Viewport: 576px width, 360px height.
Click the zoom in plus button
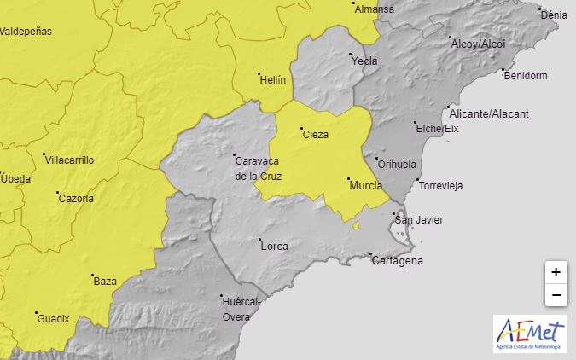pos(556,272)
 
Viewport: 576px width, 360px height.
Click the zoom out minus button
pos(556,295)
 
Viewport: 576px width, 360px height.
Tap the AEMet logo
pos(529,334)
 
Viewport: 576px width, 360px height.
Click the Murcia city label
pos(365,185)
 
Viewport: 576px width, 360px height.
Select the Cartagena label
pos(397,261)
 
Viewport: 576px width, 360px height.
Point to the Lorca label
pos(274,247)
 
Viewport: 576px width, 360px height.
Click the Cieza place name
pos(315,134)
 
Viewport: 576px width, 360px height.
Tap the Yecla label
pos(364,61)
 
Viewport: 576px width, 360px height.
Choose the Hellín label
pos(272,78)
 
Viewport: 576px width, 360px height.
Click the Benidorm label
pos(525,76)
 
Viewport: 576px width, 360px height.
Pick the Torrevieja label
pos(440,186)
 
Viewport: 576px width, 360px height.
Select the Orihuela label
pos(397,164)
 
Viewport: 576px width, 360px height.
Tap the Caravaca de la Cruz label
pos(258,168)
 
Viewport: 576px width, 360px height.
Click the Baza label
pos(105,281)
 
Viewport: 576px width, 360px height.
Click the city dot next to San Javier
pos(393,213)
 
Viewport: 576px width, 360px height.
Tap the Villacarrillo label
pos(69,160)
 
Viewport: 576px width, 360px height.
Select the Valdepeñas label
pos(26,32)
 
